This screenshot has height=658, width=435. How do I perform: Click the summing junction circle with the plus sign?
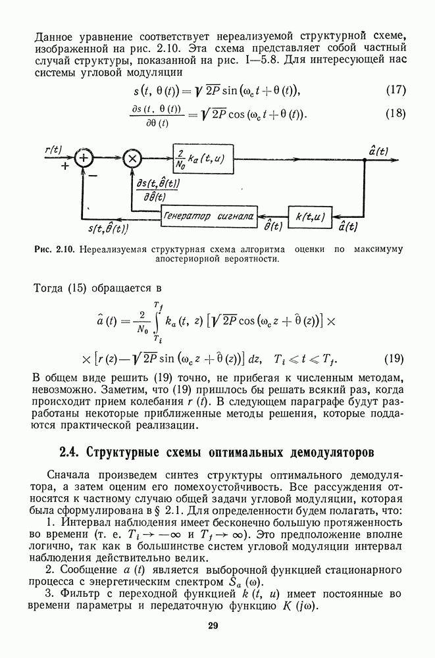(84, 158)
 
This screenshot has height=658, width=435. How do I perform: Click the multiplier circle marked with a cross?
(132, 158)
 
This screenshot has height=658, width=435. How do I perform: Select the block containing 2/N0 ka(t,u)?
(203, 158)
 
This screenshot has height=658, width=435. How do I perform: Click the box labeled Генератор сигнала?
(209, 215)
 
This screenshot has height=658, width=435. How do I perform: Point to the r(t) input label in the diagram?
(53, 150)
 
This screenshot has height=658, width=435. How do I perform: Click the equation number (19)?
(394, 359)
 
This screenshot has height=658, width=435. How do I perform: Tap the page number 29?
(212, 626)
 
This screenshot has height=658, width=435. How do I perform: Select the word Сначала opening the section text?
(69, 476)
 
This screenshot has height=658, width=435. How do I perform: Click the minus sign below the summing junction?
(93, 176)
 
